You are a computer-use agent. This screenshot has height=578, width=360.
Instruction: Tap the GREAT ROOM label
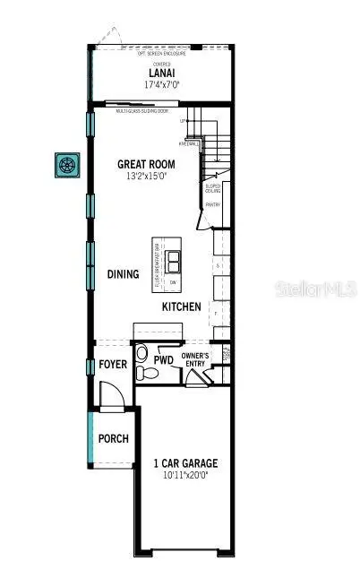pos(146,164)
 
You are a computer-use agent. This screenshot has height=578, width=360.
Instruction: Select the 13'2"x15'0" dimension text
pos(146,176)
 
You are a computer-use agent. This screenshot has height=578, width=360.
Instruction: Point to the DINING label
pos(123,274)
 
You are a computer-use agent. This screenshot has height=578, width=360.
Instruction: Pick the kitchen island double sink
pos(174,262)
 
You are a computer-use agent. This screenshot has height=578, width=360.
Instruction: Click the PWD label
pos(163,360)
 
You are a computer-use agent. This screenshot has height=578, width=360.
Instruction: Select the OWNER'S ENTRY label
pos(195,360)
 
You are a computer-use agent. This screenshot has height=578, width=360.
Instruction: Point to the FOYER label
pos(113,366)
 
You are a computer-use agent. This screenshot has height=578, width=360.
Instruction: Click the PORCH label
pos(114,439)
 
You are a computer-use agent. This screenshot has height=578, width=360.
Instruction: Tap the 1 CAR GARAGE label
pos(185,463)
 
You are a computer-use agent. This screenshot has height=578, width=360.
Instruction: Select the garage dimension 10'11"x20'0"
pos(185,476)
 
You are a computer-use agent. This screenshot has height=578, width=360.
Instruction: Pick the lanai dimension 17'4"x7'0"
pos(161,84)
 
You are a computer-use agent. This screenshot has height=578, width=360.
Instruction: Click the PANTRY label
pos(212,205)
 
